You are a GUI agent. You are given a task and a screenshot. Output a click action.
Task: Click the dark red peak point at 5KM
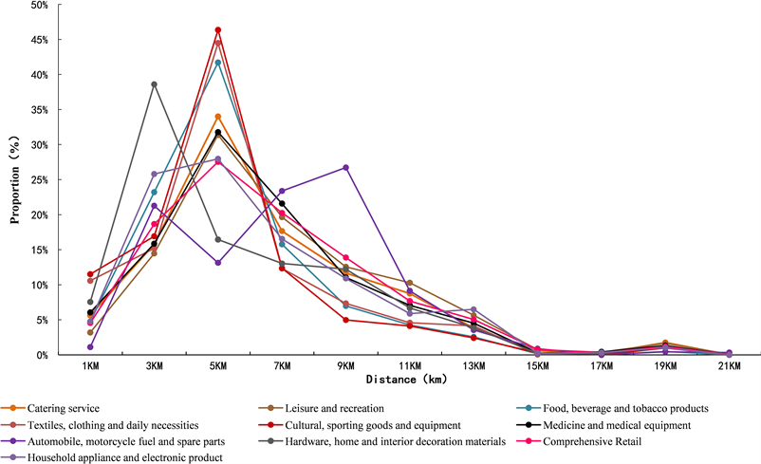click(x=218, y=30)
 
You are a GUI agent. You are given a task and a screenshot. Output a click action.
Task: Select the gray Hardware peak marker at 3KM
click(x=155, y=84)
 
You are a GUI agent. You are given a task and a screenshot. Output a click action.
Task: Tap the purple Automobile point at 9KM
click(x=346, y=168)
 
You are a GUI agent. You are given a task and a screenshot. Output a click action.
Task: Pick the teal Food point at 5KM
click(x=218, y=63)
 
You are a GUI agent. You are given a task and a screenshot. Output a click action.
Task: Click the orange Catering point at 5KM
click(x=218, y=117)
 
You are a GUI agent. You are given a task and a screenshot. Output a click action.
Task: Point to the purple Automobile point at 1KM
click(x=90, y=347)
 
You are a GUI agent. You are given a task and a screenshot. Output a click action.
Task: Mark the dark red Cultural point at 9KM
click(x=346, y=320)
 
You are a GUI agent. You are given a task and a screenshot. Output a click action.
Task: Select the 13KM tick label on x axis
click(x=473, y=366)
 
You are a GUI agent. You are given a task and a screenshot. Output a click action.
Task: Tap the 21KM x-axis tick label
click(x=729, y=366)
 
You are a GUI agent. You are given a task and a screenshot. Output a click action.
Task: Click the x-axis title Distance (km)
click(x=406, y=380)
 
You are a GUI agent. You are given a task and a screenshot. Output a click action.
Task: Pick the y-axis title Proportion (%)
click(x=15, y=179)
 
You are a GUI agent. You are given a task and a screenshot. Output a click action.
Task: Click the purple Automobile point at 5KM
click(x=218, y=263)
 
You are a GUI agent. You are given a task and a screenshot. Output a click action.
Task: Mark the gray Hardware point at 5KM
click(x=218, y=240)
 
